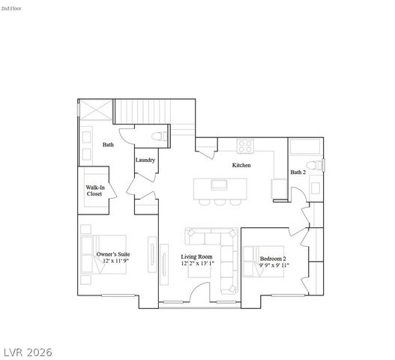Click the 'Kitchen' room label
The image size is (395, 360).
(x=241, y=165)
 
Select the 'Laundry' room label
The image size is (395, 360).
(x=145, y=160)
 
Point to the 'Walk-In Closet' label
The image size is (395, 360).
(x=94, y=190)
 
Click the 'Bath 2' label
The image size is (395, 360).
(x=298, y=172)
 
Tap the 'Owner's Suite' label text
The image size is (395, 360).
(x=113, y=255)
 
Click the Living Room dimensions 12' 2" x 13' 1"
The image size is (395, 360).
(x=196, y=265)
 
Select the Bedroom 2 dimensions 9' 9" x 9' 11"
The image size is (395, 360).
(x=274, y=265)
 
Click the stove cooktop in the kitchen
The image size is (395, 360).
(x=245, y=146)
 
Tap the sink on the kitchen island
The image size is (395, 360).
(x=220, y=184)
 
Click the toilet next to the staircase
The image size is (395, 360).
(x=158, y=137)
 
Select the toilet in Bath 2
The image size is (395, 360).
(x=318, y=164)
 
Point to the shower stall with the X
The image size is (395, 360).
(x=94, y=109)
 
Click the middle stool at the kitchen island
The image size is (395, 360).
(x=220, y=201)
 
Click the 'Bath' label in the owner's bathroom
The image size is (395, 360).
(x=108, y=145)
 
